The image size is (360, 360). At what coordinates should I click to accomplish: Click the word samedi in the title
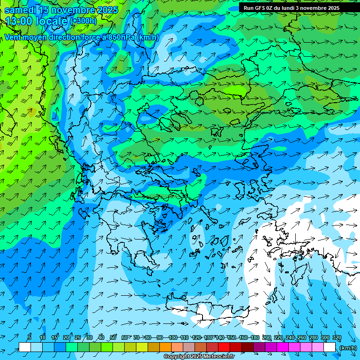[x=22, y=10]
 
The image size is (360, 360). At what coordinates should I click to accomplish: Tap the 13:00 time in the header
[x=19, y=21]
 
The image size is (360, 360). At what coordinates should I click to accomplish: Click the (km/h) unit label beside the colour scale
[x=347, y=348]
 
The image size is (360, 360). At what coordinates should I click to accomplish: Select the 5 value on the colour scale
[x=30, y=337]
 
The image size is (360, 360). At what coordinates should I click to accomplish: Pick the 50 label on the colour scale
[x=113, y=337]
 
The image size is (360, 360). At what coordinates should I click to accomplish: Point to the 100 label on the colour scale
[x=173, y=337]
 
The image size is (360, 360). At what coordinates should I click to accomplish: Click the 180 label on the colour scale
[x=255, y=337]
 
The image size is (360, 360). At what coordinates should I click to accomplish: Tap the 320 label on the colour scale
[x=337, y=337]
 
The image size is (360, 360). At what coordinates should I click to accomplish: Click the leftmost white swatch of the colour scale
[x=24, y=347]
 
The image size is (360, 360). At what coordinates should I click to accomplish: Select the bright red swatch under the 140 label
[x=224, y=347]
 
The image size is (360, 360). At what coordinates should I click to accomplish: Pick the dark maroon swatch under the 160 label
[x=247, y=347]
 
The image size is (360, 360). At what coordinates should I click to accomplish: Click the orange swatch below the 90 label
[x=165, y=347]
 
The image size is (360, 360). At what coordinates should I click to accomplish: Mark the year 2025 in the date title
[x=107, y=10]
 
